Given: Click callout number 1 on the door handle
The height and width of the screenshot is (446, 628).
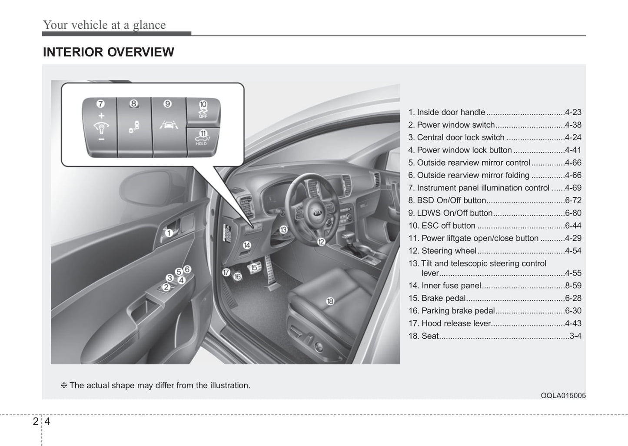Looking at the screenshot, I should (169, 233).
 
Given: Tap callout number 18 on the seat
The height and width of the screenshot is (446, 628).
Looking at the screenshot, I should (330, 301).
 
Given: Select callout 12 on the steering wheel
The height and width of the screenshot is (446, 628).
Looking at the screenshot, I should (321, 242).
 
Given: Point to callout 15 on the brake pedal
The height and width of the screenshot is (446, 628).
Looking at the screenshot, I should (254, 267).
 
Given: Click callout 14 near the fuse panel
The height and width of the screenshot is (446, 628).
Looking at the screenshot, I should (247, 245).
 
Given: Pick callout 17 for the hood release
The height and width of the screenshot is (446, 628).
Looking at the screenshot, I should (226, 273).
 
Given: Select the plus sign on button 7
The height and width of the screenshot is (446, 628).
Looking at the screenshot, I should (101, 116).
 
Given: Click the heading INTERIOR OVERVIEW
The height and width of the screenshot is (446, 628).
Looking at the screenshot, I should (108, 52).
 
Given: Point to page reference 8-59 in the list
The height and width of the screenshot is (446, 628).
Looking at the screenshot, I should (573, 286).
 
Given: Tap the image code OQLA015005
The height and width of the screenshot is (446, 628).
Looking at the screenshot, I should (563, 396).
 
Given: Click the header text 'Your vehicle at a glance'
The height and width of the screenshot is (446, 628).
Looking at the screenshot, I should (104, 25).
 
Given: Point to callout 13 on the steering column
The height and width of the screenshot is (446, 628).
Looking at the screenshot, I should (283, 230).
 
